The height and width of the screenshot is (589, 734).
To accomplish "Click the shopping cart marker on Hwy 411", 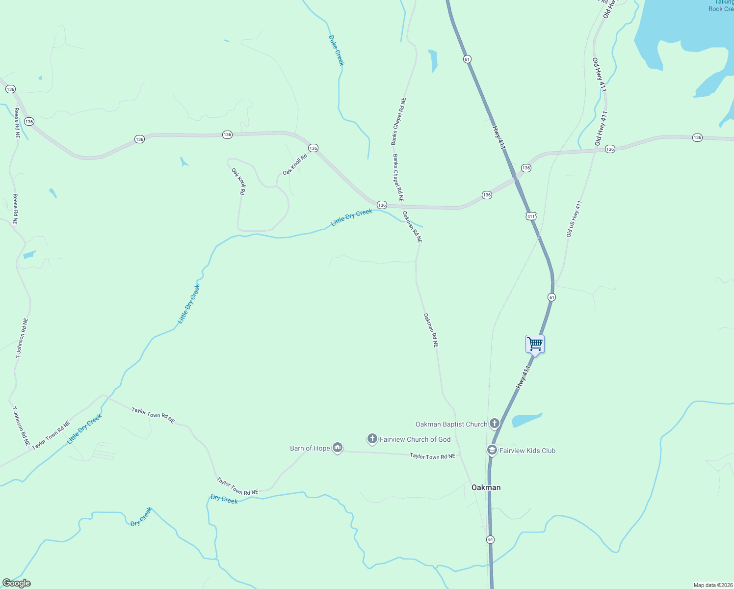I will [535, 344].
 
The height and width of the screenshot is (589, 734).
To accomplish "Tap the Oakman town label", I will [486, 487].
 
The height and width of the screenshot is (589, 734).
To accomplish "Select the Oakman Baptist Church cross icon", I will [495, 423].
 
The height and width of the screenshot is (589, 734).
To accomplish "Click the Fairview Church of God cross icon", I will [372, 438].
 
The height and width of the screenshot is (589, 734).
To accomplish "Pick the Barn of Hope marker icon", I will [337, 447].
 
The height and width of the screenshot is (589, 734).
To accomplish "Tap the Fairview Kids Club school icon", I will [492, 450].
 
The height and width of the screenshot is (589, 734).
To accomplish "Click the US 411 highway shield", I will [531, 216].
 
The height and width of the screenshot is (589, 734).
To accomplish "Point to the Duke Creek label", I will [337, 50].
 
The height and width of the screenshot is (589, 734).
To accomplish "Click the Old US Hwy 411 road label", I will [574, 219].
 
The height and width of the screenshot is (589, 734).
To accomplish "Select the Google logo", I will [17, 583].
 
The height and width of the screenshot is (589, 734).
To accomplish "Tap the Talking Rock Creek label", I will [721, 6].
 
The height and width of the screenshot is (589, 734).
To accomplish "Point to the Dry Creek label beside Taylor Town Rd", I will [224, 499].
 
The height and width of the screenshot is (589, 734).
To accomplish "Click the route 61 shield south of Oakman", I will [491, 539].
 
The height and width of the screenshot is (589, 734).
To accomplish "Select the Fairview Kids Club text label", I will [527, 451].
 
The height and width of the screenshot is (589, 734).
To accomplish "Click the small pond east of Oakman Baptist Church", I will [526, 420].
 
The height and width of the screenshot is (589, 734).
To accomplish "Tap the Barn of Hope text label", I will [310, 448].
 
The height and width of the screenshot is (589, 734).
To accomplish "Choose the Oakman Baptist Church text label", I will [451, 424].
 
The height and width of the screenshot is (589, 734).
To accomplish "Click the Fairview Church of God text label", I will [415, 439].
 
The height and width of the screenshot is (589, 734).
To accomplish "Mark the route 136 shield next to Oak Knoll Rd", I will [313, 148].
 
